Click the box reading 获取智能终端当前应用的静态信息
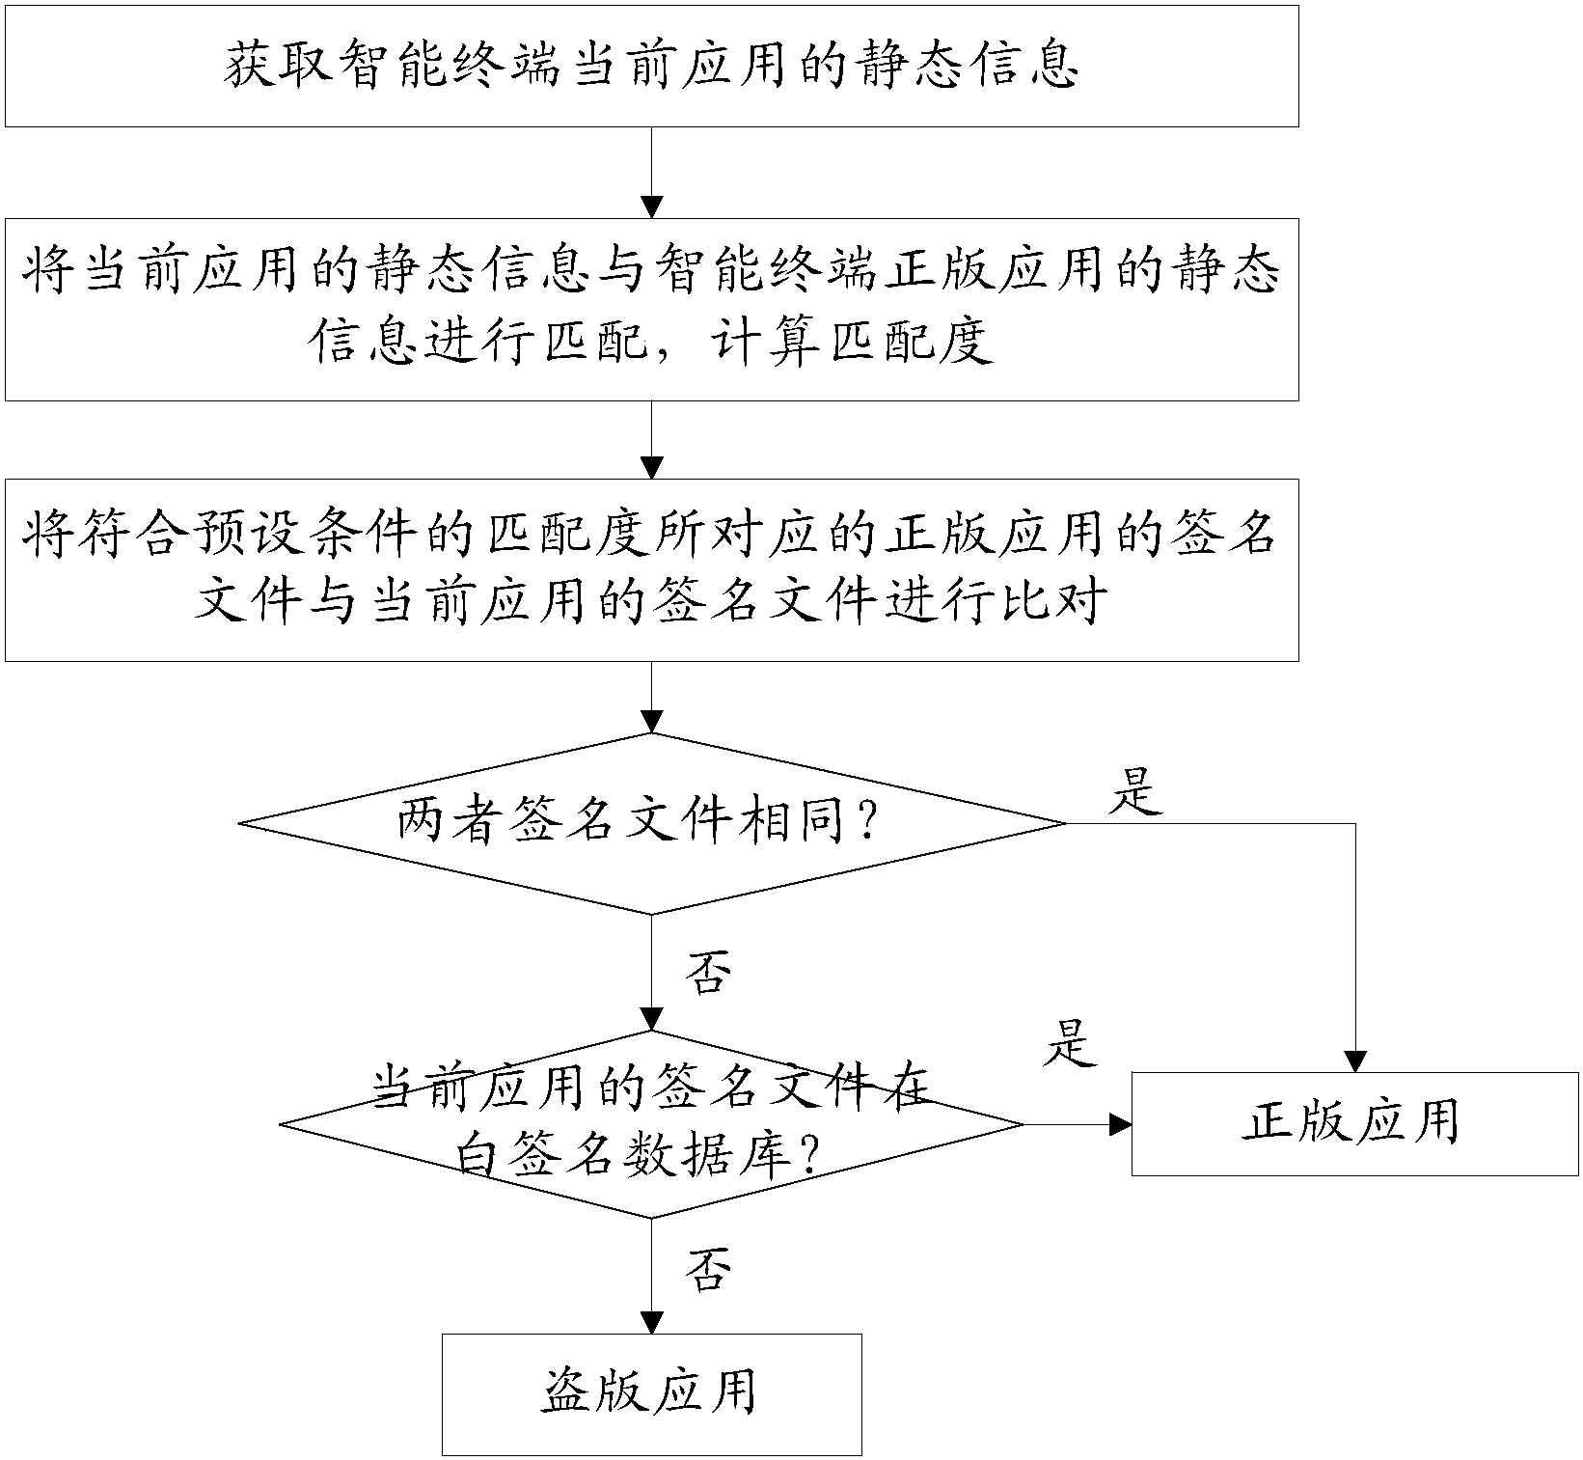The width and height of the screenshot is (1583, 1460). tap(651, 66)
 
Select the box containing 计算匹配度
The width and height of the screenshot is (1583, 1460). tap(651, 309)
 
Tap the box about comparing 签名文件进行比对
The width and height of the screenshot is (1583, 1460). tap(651, 569)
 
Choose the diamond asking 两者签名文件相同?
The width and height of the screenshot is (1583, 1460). tap(651, 823)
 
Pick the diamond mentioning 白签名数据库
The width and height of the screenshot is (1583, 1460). tap(651, 1124)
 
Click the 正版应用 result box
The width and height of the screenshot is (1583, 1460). tap(1353, 1124)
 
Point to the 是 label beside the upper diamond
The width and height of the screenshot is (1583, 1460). tap(1135, 794)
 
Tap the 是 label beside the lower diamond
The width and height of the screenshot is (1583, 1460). tap(1069, 1044)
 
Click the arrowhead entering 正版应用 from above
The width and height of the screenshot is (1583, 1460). tap(1355, 1061)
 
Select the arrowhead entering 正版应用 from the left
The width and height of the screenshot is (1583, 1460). tap(1120, 1124)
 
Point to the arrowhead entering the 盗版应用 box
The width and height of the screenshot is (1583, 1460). tap(652, 1323)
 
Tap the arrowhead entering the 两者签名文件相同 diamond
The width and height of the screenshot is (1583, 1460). tap(652, 722)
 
